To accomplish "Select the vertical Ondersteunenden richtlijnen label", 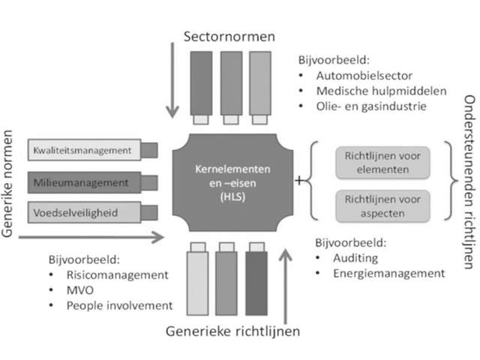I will point(470,181).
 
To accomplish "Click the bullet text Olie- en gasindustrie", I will point(372,106).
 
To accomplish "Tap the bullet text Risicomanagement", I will point(117,274).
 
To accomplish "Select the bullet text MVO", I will point(80,290).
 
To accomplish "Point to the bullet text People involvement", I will point(119,305).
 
